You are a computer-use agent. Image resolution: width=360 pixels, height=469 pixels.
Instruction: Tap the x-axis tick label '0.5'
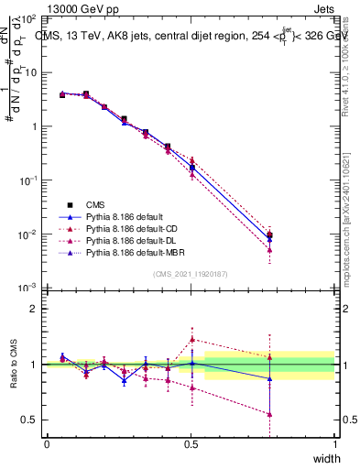click(x=191, y=443)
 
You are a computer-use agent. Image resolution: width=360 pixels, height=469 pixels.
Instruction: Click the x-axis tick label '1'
click(x=334, y=443)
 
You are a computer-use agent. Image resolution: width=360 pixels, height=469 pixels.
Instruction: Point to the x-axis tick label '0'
click(x=47, y=443)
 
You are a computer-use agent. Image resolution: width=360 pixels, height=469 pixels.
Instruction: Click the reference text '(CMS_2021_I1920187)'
click(x=191, y=273)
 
